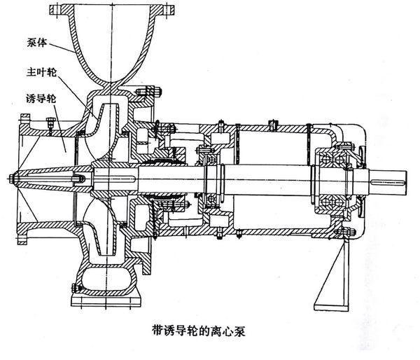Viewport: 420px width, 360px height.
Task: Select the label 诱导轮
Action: pyautogui.click(x=41, y=99)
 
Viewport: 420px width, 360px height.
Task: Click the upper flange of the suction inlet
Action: pyautogui.click(x=24, y=130)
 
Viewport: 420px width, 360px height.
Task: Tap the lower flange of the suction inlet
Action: pyautogui.click(x=24, y=232)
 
